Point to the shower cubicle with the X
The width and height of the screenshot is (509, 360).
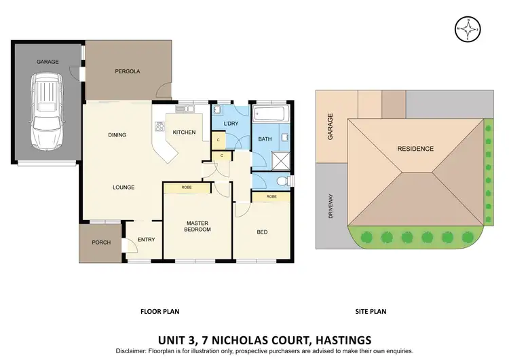(x=280, y=159)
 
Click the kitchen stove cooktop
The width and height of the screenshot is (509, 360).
(x=161, y=126)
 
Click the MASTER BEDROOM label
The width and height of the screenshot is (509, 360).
(x=198, y=226)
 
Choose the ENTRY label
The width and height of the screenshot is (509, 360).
(x=146, y=239)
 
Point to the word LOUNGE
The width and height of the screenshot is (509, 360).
(x=124, y=187)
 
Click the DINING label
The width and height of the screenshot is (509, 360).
(x=117, y=135)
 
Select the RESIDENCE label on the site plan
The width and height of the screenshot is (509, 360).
(x=415, y=149)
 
